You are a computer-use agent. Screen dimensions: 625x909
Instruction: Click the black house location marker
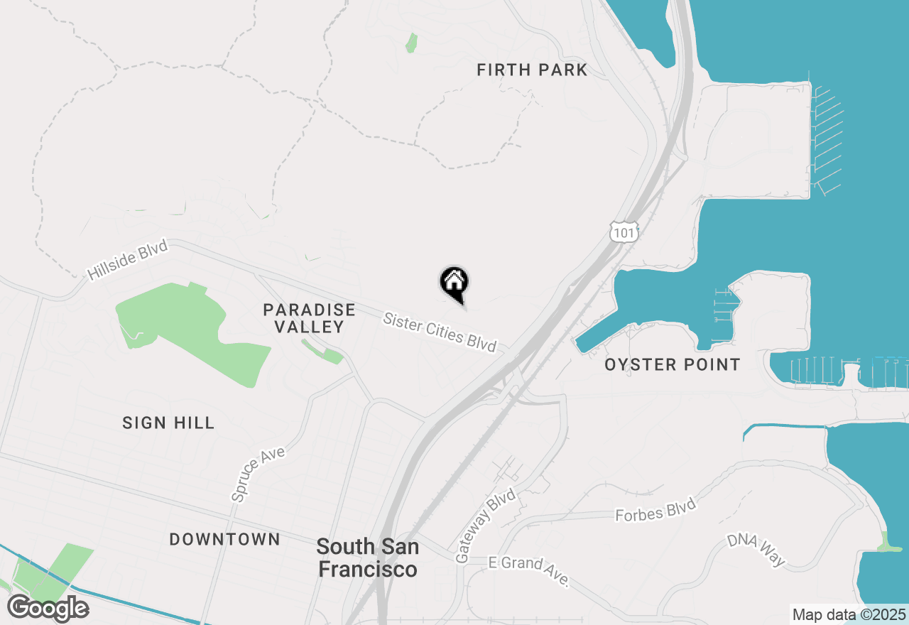coord(454,283)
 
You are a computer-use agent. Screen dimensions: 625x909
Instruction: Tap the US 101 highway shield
coord(624,231)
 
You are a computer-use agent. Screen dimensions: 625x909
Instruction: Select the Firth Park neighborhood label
coord(532,70)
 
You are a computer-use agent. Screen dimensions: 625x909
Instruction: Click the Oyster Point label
coord(672,365)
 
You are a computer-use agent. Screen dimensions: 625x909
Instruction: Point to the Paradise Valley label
coord(309,318)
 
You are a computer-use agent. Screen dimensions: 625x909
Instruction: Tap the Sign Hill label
coord(168,423)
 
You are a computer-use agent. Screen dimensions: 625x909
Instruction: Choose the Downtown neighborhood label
coord(224,539)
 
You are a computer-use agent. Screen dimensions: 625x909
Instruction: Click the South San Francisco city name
coord(367,558)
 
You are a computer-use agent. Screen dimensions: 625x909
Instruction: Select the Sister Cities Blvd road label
coord(440,331)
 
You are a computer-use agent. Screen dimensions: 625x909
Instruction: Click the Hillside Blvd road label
coord(128,260)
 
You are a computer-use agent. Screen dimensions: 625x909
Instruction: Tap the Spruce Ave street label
coord(258,474)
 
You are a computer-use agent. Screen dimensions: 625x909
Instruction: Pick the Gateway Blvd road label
coord(486,528)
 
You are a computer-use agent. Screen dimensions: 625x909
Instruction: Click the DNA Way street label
coord(756,550)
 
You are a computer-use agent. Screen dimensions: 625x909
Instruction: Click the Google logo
coord(48,608)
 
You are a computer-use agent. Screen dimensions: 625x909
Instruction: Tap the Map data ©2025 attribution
coord(849,614)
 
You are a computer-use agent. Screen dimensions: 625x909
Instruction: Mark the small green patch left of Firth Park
coord(411,43)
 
